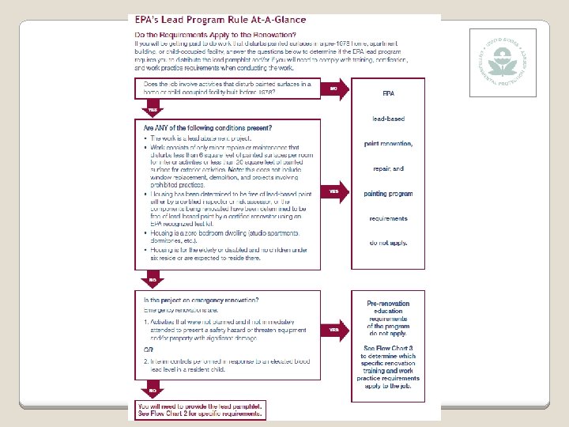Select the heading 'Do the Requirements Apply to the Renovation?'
tap(220, 35)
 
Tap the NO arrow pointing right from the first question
tap(335, 89)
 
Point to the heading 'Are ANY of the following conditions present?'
tap(208, 127)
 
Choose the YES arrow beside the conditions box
tap(335, 191)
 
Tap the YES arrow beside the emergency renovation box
tap(335, 329)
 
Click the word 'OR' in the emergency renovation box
tap(148, 350)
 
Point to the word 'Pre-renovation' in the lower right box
tap(388, 304)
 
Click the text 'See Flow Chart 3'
tap(388, 348)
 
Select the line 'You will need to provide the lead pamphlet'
tap(196, 405)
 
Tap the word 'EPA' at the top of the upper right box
tap(388, 93)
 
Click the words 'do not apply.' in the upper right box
tap(388, 242)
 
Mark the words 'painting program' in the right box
tap(388, 194)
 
